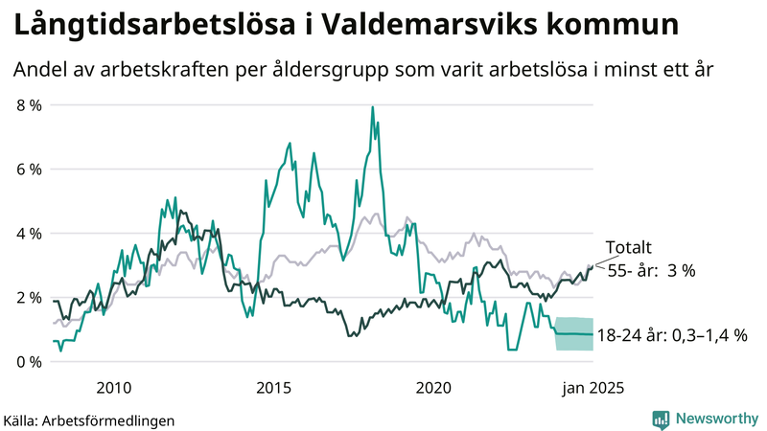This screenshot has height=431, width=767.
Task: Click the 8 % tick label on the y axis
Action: coord(28,104)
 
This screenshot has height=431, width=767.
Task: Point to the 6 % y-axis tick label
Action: coord(28,169)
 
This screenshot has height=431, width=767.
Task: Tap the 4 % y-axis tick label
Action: coord(28,233)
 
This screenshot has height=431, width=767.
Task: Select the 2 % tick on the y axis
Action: coord(28,297)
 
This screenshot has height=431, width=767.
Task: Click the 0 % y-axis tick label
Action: coord(28,361)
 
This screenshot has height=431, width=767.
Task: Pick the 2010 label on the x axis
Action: coord(113,387)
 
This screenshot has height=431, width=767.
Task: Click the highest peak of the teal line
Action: coord(372,107)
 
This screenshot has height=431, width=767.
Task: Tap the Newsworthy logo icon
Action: coord(661,418)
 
